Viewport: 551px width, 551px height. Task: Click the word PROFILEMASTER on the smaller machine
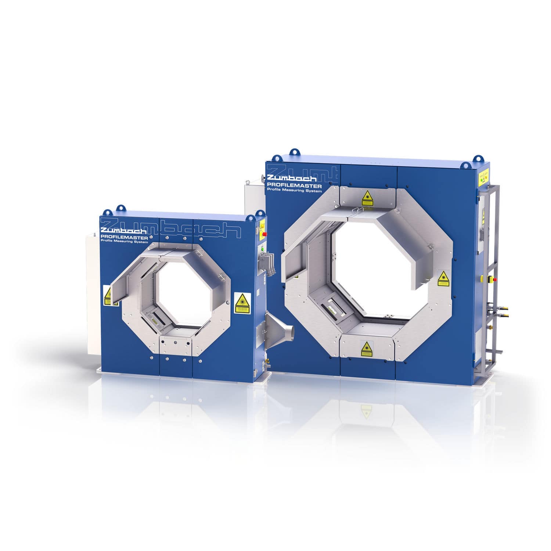[x=124, y=237]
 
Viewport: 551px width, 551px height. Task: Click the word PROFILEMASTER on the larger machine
[x=294, y=186]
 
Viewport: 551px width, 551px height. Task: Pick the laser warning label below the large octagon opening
[x=366, y=349]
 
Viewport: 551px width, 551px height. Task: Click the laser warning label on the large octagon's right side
[x=443, y=278]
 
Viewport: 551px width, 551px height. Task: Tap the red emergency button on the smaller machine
[x=264, y=234]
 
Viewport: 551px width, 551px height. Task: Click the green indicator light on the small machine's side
[x=263, y=249]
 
